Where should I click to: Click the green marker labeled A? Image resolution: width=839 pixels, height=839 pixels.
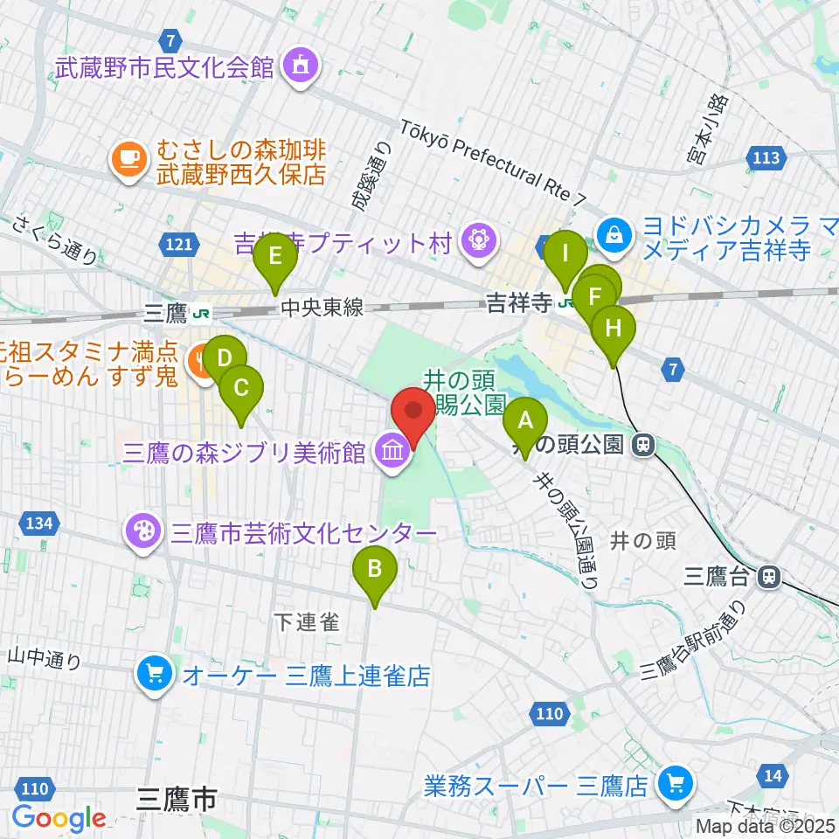point(525,422)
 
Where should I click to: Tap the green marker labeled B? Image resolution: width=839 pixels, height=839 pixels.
point(375,571)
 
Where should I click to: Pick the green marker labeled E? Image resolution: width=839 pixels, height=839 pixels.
point(275,258)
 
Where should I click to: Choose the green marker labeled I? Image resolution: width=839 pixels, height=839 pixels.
point(565,256)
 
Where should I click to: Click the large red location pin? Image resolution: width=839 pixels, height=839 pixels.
point(413,411)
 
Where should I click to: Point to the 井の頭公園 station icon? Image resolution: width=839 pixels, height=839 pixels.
point(645,445)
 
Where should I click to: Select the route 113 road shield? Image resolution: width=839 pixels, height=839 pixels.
point(766,158)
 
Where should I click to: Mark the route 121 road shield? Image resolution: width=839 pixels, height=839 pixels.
point(177,246)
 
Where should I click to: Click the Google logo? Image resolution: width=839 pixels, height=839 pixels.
point(59,817)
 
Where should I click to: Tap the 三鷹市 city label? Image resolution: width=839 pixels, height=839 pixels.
point(176,797)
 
